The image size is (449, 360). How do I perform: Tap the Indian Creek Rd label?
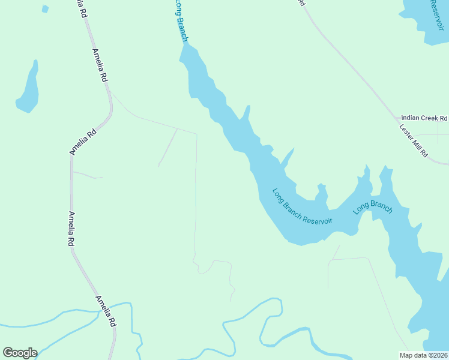424,118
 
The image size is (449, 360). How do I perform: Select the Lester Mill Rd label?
414,142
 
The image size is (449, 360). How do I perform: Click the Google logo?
20,353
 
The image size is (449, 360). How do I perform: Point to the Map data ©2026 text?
423,355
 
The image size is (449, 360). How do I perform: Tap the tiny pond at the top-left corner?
45,9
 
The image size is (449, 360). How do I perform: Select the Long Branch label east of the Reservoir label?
372,208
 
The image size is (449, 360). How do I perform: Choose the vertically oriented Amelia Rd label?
71,229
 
